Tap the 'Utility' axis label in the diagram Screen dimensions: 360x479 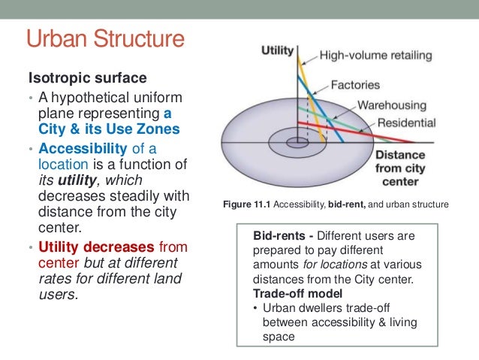click(277, 51)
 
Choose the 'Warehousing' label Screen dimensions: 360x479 click(390, 105)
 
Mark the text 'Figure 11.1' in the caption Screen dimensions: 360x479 click(245, 204)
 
